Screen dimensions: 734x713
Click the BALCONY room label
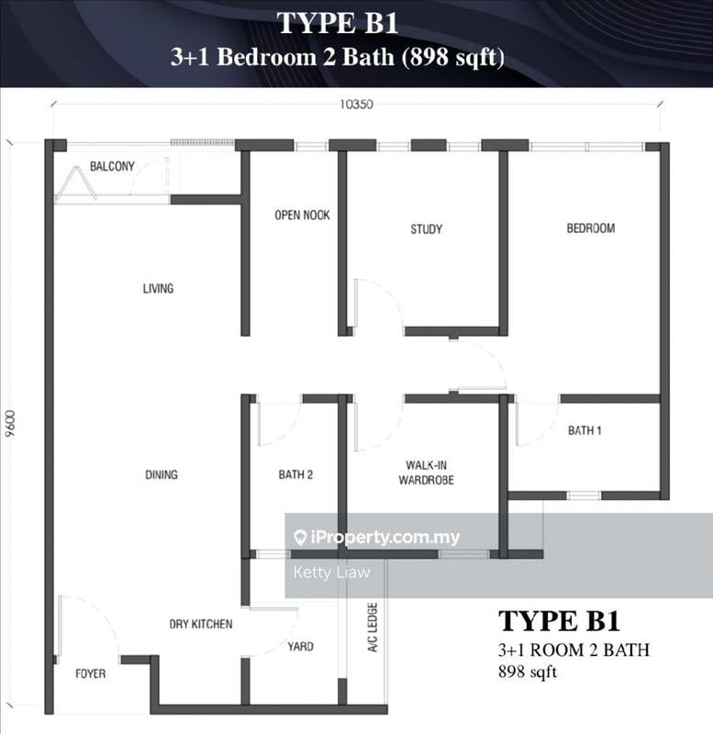(x=112, y=166)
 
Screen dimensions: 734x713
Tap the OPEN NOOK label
(x=302, y=216)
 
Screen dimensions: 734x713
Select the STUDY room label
(x=426, y=229)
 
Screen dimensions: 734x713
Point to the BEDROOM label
(x=590, y=228)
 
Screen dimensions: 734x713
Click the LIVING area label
(x=158, y=289)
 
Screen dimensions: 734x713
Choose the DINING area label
(x=161, y=474)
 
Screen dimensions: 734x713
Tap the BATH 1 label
(x=585, y=429)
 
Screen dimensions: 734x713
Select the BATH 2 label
(x=295, y=474)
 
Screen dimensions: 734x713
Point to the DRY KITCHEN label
(x=201, y=625)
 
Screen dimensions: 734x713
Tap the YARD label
(x=300, y=647)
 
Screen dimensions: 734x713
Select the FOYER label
(x=90, y=674)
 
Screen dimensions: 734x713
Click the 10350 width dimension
(x=356, y=104)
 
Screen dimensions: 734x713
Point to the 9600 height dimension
(x=10, y=426)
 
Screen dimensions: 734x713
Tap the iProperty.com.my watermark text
(x=385, y=539)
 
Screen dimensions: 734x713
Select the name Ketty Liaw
(x=331, y=573)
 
